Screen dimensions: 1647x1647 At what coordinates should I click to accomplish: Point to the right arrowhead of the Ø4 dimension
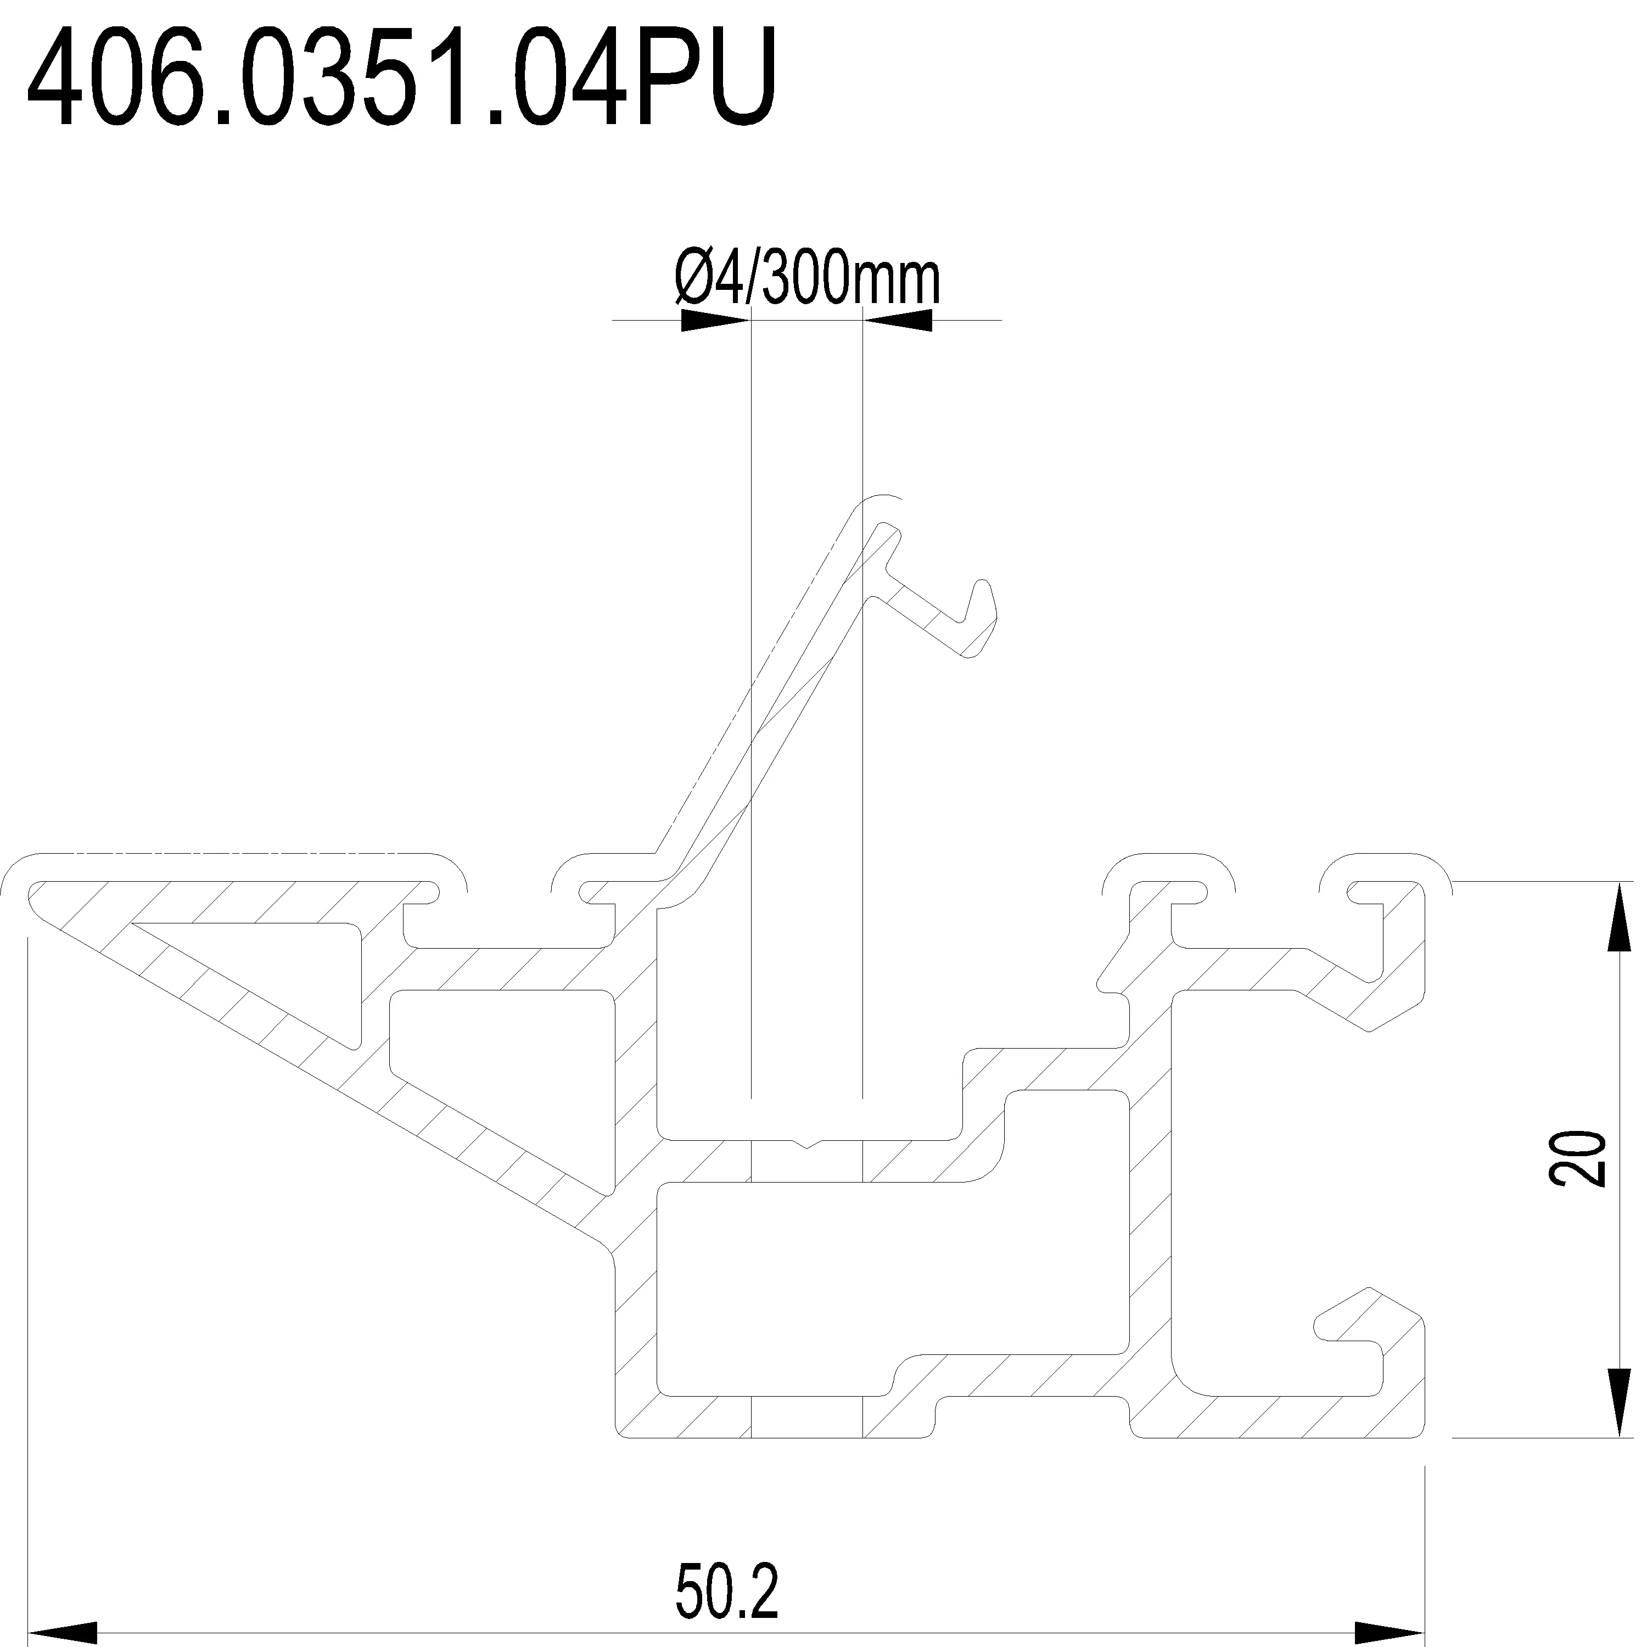pos(899,321)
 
